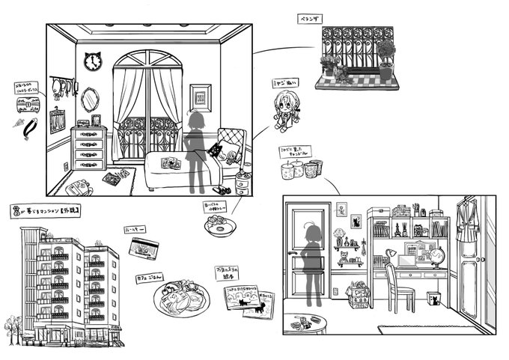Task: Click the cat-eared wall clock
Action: pos(92,62)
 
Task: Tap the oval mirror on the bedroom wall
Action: pos(89,97)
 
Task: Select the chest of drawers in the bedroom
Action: pos(89,149)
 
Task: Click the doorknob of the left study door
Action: pos(293,255)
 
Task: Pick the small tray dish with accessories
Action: pos(219,225)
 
